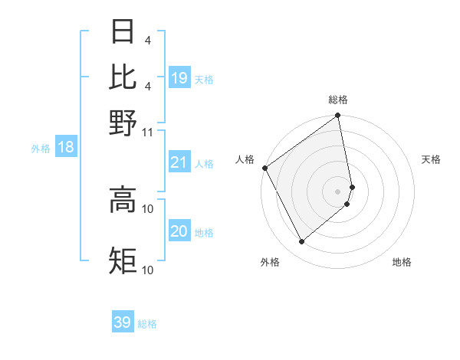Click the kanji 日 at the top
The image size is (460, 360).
click(x=123, y=33)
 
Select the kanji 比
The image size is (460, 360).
click(x=123, y=77)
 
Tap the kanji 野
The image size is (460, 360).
click(x=123, y=123)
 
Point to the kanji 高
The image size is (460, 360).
click(x=123, y=200)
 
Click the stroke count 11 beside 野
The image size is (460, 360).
click(x=148, y=132)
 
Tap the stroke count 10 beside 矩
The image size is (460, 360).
click(x=148, y=270)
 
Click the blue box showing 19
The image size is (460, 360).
click(x=179, y=78)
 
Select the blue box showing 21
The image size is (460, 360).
click(x=179, y=162)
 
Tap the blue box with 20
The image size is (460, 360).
click(x=179, y=231)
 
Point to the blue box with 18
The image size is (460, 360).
click(x=66, y=148)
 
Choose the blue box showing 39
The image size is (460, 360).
click(x=123, y=322)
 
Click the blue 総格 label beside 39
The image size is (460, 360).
click(x=147, y=324)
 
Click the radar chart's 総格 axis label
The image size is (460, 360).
click(x=338, y=100)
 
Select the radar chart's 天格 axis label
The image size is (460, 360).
click(x=431, y=159)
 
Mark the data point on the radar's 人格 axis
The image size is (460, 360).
click(x=264, y=168)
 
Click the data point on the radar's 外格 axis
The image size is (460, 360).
click(x=301, y=242)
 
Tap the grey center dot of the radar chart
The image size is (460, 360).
click(x=338, y=191)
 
